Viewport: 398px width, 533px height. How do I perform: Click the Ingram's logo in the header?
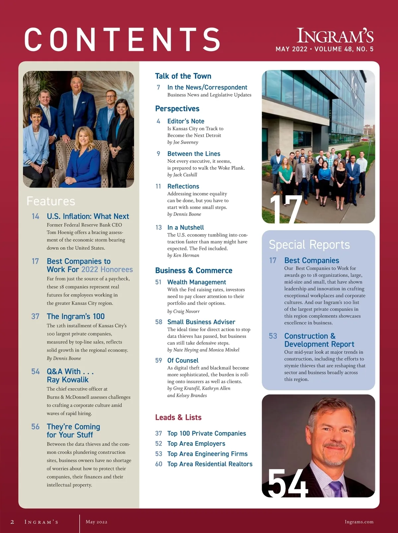tap(335, 36)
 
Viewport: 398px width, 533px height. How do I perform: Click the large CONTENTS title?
tap(122, 39)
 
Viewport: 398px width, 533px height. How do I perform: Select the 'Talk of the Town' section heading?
tap(183, 76)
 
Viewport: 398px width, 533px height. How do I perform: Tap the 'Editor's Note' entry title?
tap(186, 121)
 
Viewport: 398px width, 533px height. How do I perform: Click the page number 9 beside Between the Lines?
tap(158, 154)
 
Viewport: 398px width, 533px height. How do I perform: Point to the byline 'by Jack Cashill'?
tap(182, 175)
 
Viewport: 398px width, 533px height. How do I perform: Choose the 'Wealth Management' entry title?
tap(197, 282)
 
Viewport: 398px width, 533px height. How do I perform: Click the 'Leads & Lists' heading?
tap(178, 418)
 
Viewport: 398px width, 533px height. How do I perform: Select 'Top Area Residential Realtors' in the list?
tap(210, 464)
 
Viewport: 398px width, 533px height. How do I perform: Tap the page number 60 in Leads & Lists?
tap(159, 464)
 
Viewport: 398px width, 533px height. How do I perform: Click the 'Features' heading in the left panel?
tap(51, 201)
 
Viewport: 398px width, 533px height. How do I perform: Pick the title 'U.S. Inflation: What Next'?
tap(88, 216)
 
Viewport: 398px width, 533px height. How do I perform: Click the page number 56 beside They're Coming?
tap(35, 427)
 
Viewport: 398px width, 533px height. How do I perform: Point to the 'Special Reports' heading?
tap(309, 245)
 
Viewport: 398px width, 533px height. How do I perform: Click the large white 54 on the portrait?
tap(288, 483)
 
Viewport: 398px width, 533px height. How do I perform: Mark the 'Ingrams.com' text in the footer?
tap(359, 522)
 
